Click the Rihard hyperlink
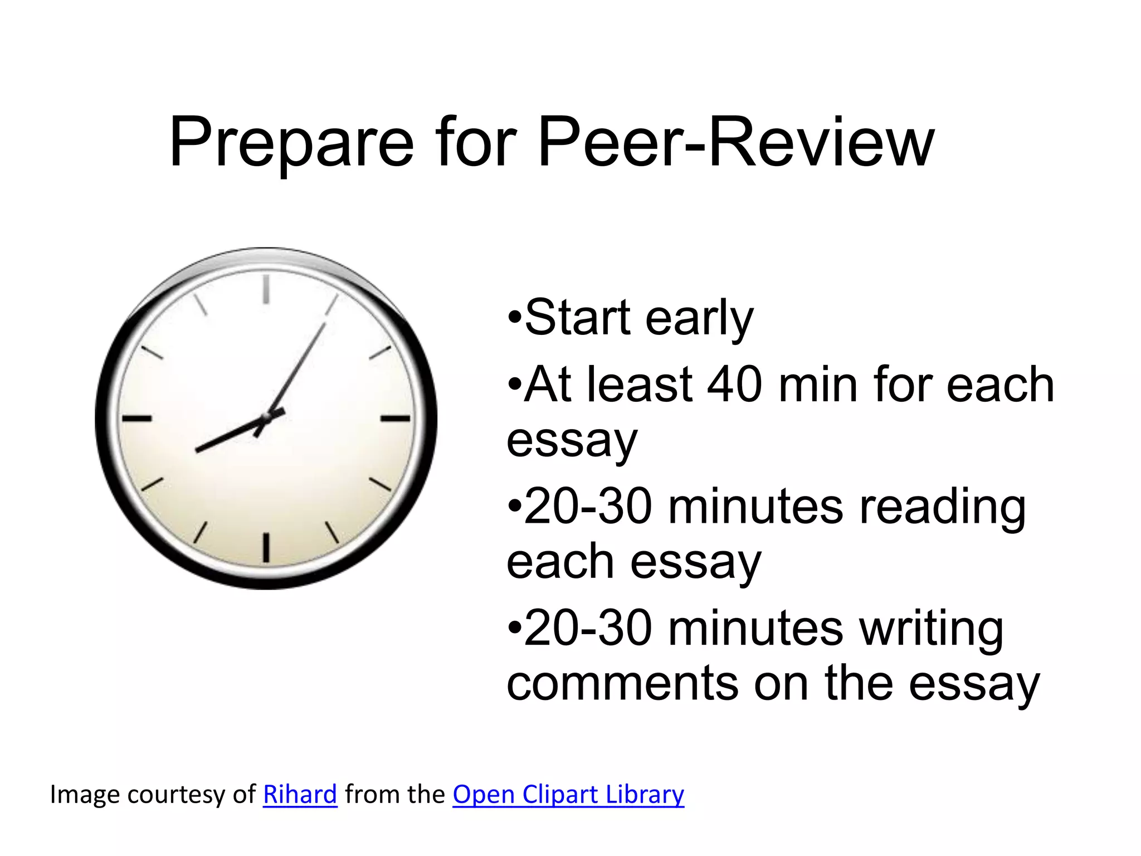(x=300, y=794)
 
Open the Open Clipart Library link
(x=568, y=794)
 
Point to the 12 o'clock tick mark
(x=266, y=289)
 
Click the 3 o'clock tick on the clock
(x=396, y=418)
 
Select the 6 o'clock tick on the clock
(x=266, y=547)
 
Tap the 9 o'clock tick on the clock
(x=137, y=418)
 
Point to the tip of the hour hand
(x=197, y=450)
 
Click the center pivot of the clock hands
(x=267, y=417)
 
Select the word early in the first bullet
(x=699, y=318)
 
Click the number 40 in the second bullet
(x=734, y=385)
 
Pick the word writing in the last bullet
(x=931, y=629)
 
